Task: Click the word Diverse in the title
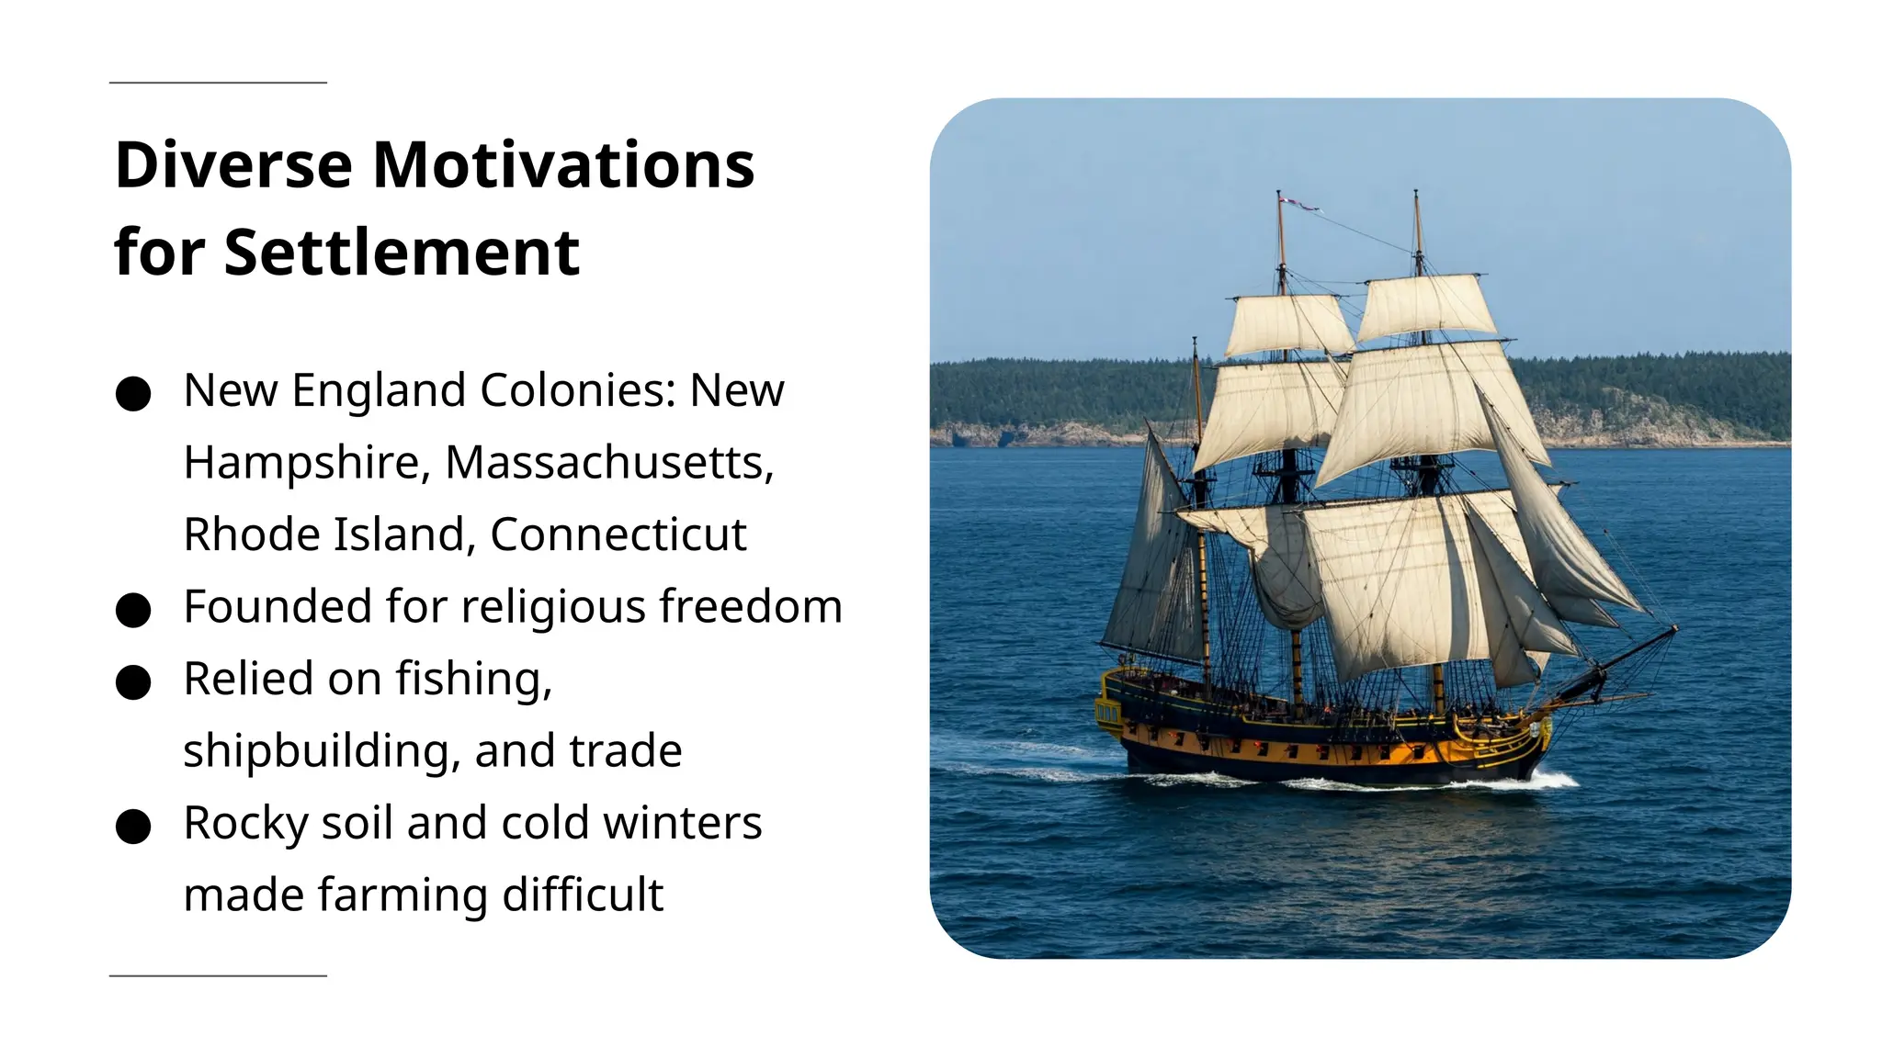pos(233,165)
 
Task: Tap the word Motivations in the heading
pos(563,165)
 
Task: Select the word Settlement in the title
pos(402,253)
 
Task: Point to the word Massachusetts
pos(609,462)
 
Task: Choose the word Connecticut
pos(618,535)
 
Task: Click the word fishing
pos(474,680)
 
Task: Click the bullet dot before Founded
pos(133,610)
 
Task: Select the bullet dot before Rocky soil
pos(133,827)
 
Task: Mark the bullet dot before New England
pos(133,394)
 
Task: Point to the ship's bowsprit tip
pos(1673,630)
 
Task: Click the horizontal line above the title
pos(218,83)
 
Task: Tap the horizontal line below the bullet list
pos(218,975)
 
